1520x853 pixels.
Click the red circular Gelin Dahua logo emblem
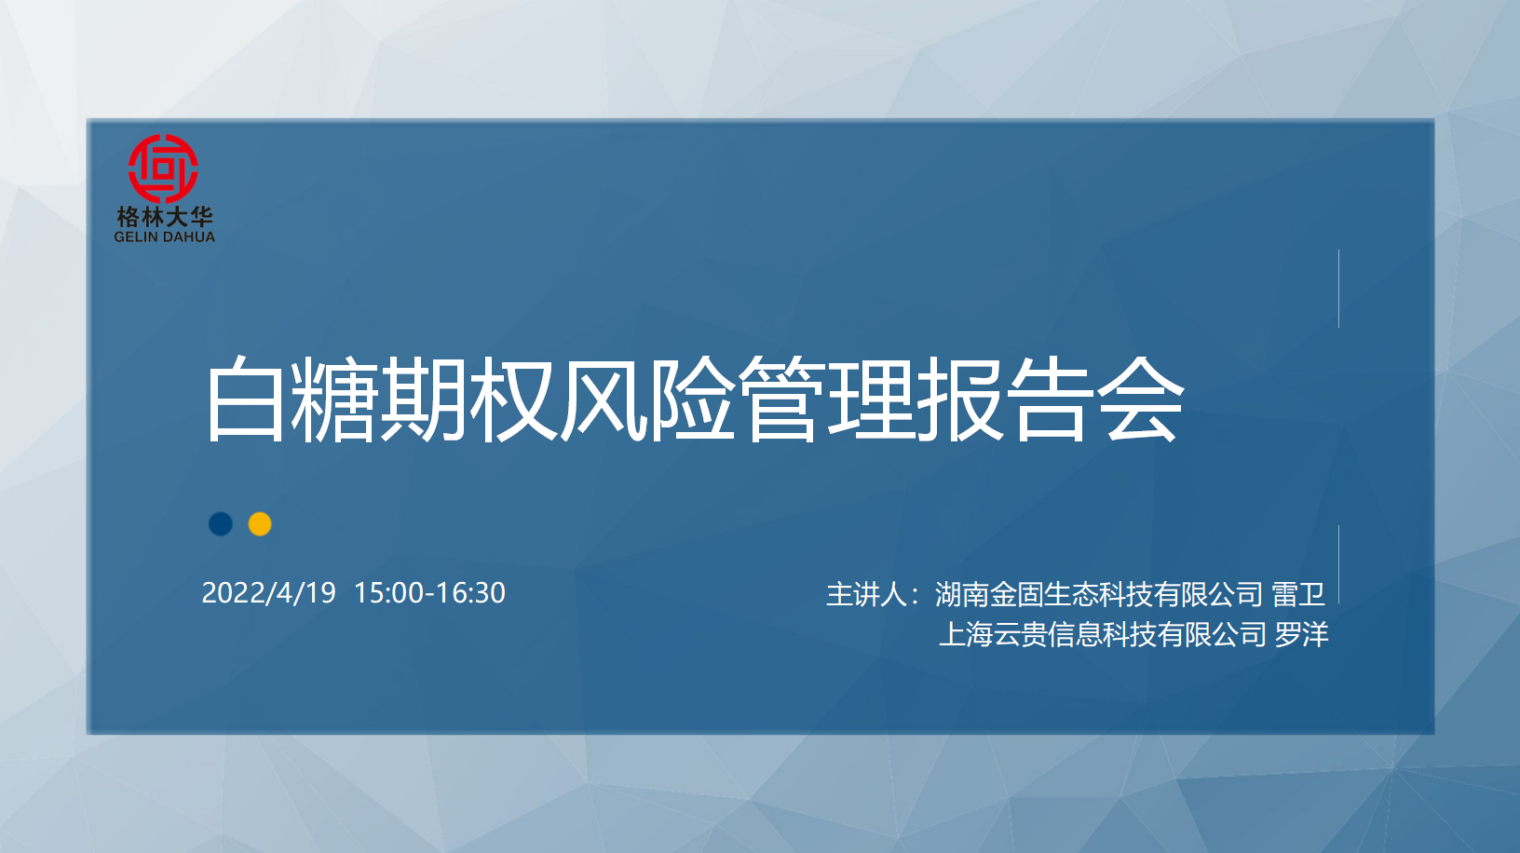(163, 169)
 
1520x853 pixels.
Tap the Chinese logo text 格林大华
(165, 217)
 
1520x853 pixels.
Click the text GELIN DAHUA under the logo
(164, 237)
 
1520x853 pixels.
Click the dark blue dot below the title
(221, 524)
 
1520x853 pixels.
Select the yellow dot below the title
(260, 524)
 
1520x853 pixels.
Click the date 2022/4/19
(269, 593)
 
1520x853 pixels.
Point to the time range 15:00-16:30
(429, 593)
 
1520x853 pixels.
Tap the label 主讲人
(866, 594)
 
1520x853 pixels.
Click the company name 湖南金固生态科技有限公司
(1099, 594)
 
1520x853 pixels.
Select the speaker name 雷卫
(1298, 594)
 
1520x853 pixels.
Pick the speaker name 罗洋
(1301, 634)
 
